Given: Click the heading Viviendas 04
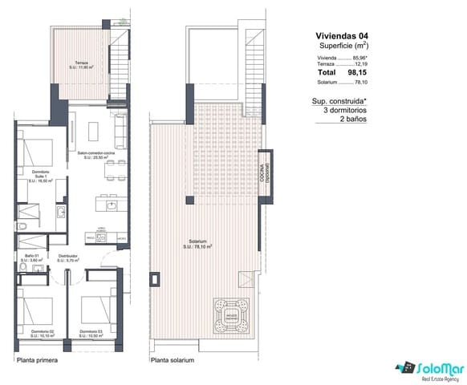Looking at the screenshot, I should (342, 36).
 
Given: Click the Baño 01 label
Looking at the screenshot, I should (33, 258).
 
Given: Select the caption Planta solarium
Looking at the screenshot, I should (174, 361).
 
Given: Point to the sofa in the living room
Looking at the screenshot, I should (121, 127).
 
